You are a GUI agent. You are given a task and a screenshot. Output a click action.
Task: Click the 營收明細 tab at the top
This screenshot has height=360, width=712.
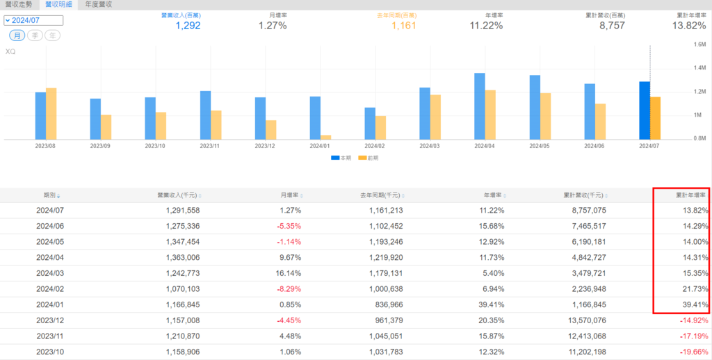point(58,4)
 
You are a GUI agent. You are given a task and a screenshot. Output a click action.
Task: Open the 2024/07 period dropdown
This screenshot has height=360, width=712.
point(33,21)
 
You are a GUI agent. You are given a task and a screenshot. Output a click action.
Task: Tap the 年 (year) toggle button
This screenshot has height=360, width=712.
point(52,35)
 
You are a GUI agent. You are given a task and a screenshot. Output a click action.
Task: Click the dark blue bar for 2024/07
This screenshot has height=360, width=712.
point(645,111)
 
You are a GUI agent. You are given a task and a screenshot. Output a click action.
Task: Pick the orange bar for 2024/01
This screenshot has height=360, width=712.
point(326,137)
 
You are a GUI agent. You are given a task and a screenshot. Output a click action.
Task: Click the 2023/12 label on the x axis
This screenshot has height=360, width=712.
point(265,147)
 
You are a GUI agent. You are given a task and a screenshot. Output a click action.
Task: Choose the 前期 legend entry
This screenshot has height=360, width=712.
point(369,158)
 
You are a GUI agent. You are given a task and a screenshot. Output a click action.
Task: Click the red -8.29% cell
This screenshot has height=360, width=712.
point(287,274)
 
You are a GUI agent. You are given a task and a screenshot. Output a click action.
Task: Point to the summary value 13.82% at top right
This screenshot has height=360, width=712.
point(689,26)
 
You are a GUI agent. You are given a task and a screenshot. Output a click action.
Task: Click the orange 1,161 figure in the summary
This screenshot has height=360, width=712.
point(403,26)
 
